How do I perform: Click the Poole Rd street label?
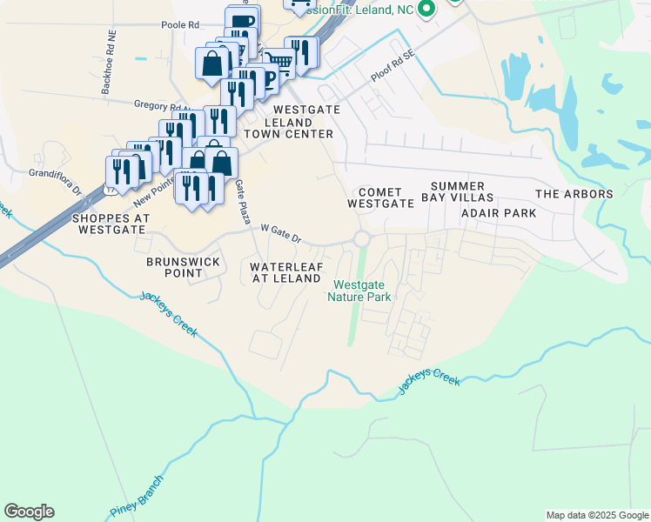click(x=180, y=25)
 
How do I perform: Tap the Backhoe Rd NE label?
click(x=109, y=63)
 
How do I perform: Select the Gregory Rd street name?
click(x=156, y=105)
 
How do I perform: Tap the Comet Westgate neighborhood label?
click(x=379, y=197)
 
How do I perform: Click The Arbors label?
click(x=574, y=194)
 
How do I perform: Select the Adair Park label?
click(x=498, y=212)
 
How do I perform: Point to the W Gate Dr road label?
click(x=280, y=233)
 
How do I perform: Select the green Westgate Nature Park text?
click(x=360, y=291)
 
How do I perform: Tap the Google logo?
click(x=29, y=512)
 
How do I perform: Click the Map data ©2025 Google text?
click(x=596, y=515)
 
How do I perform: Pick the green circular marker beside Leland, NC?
click(x=426, y=10)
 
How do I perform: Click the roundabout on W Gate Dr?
click(x=362, y=239)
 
